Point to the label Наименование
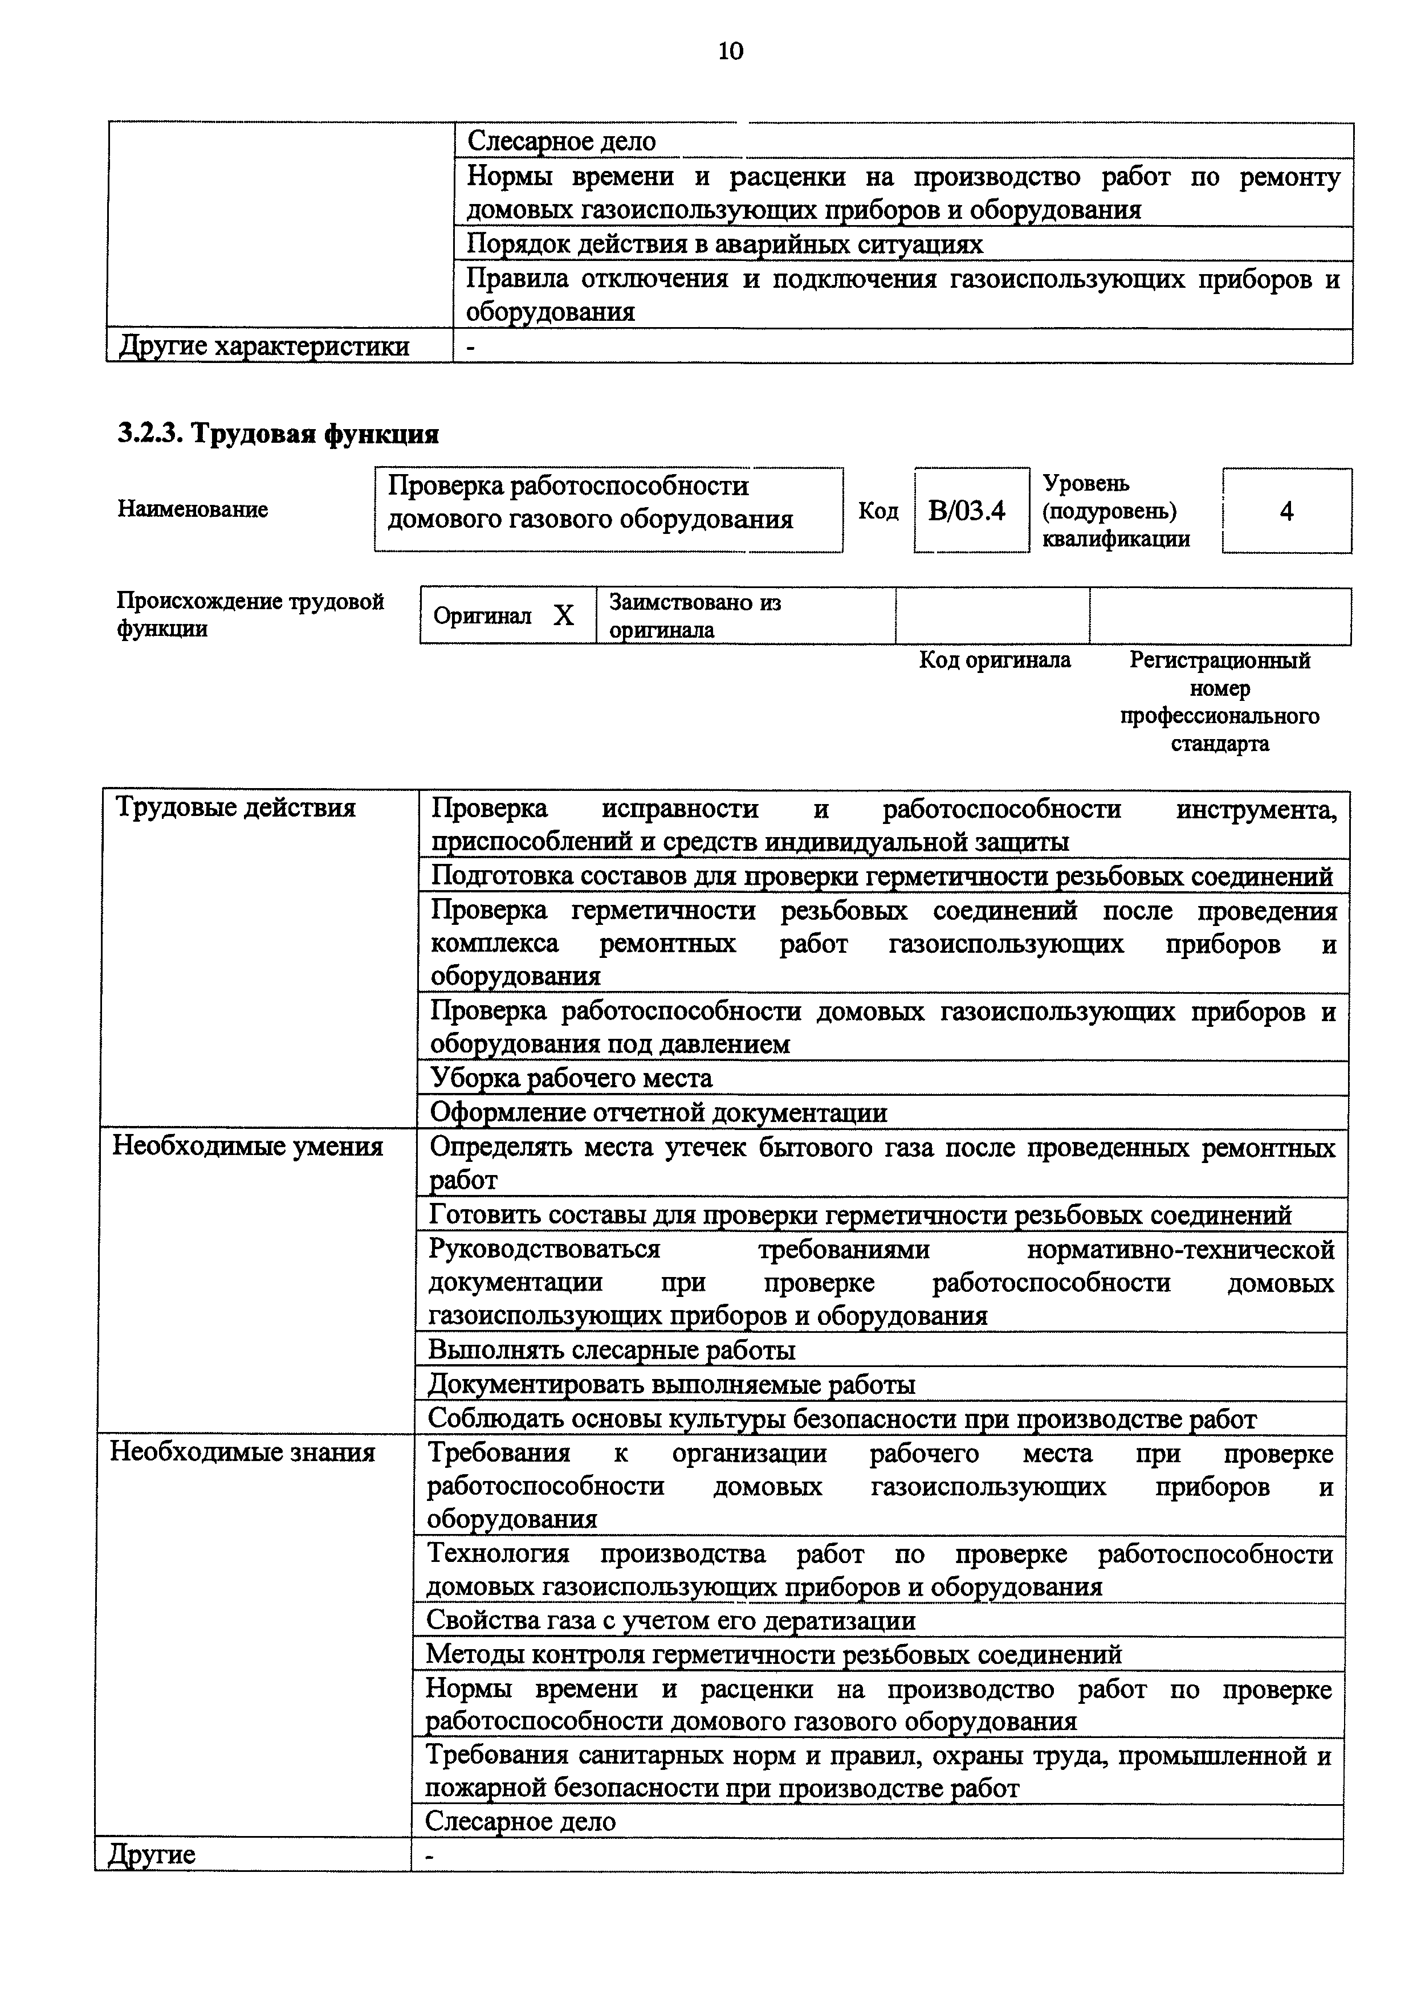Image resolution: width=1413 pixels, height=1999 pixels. coord(193,509)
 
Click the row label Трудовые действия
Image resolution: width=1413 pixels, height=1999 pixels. coord(236,808)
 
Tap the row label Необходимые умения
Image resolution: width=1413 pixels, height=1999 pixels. coord(247,1147)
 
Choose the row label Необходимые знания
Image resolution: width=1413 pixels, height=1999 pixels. coord(242,1452)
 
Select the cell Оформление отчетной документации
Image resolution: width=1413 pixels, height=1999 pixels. coord(658,1113)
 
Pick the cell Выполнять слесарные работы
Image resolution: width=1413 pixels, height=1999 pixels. coord(611,1351)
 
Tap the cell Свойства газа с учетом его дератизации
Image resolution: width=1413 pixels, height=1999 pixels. coord(670,1620)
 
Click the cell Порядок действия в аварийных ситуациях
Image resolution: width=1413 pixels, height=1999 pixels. coord(724,244)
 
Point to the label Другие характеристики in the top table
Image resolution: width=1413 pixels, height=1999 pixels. coord(264,346)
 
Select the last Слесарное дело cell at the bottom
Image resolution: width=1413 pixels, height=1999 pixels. coord(520,1821)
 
